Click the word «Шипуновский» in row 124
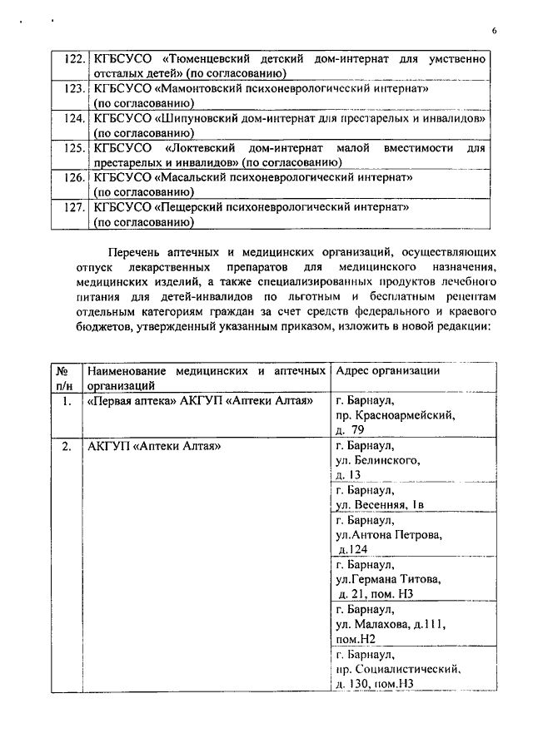click(x=209, y=118)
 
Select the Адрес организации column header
click(x=388, y=371)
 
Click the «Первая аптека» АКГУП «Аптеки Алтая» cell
click(x=200, y=401)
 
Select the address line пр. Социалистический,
click(x=397, y=668)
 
